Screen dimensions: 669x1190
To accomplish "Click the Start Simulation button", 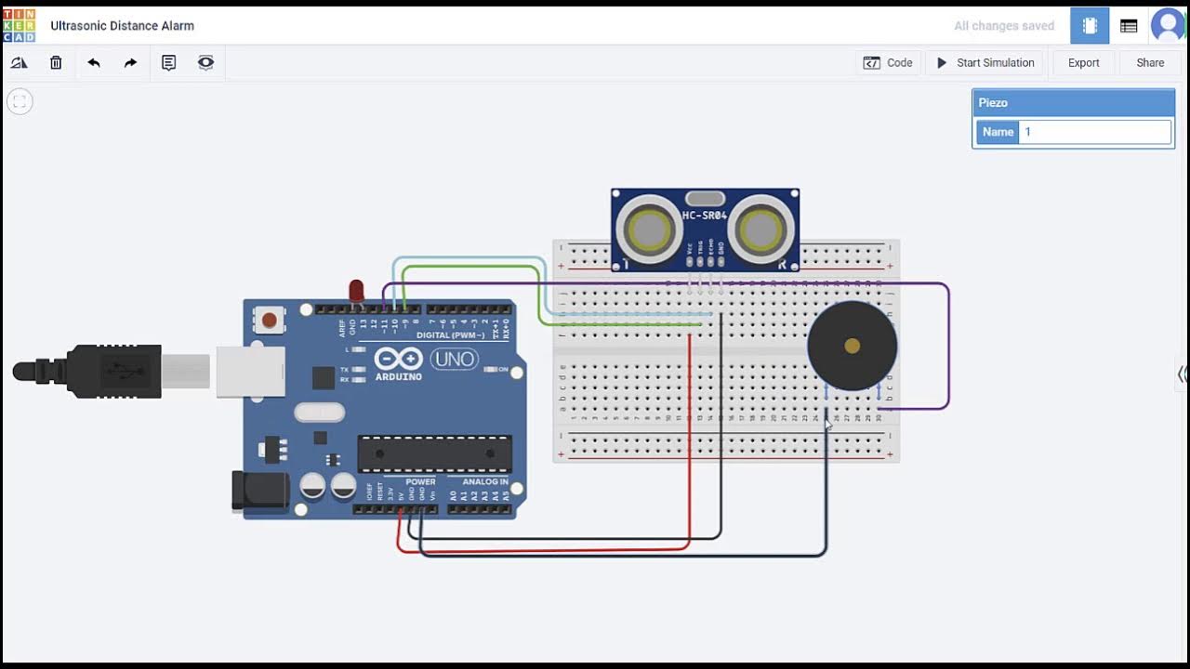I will [x=985, y=63].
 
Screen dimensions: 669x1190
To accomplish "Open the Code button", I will [x=888, y=63].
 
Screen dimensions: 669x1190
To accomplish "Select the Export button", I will [x=1083, y=63].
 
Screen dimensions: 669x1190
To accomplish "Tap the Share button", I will [x=1149, y=63].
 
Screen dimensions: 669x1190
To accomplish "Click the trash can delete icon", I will [x=56, y=63].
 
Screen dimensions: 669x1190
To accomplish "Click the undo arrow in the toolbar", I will [x=94, y=63].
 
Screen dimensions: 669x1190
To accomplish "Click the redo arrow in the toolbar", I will [x=130, y=63].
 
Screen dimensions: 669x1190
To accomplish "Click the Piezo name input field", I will [x=1094, y=132].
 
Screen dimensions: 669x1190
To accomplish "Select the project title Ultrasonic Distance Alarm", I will [x=122, y=26].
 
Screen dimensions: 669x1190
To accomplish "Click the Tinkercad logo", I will [x=20, y=26].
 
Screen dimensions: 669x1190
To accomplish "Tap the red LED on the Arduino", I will [x=356, y=290].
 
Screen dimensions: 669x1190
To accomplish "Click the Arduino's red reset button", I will [x=269, y=321].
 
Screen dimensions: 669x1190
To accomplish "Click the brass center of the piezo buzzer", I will [x=852, y=347].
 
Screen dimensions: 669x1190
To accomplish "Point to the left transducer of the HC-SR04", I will [x=649, y=229].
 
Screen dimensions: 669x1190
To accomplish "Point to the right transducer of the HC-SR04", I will [x=761, y=229].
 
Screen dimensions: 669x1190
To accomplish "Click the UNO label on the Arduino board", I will [x=454, y=359].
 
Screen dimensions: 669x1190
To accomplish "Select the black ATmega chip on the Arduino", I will [x=434, y=453].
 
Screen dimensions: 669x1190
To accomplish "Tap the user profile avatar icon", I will [x=1168, y=26].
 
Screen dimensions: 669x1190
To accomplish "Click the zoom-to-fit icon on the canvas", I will [x=20, y=101].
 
